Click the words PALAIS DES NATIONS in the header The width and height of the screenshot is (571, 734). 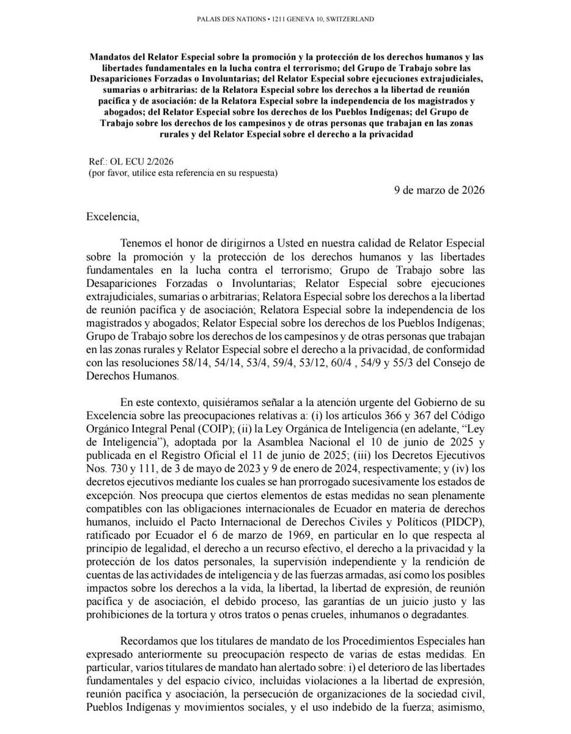tap(227, 20)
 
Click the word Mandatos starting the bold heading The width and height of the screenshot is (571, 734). tap(111, 56)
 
